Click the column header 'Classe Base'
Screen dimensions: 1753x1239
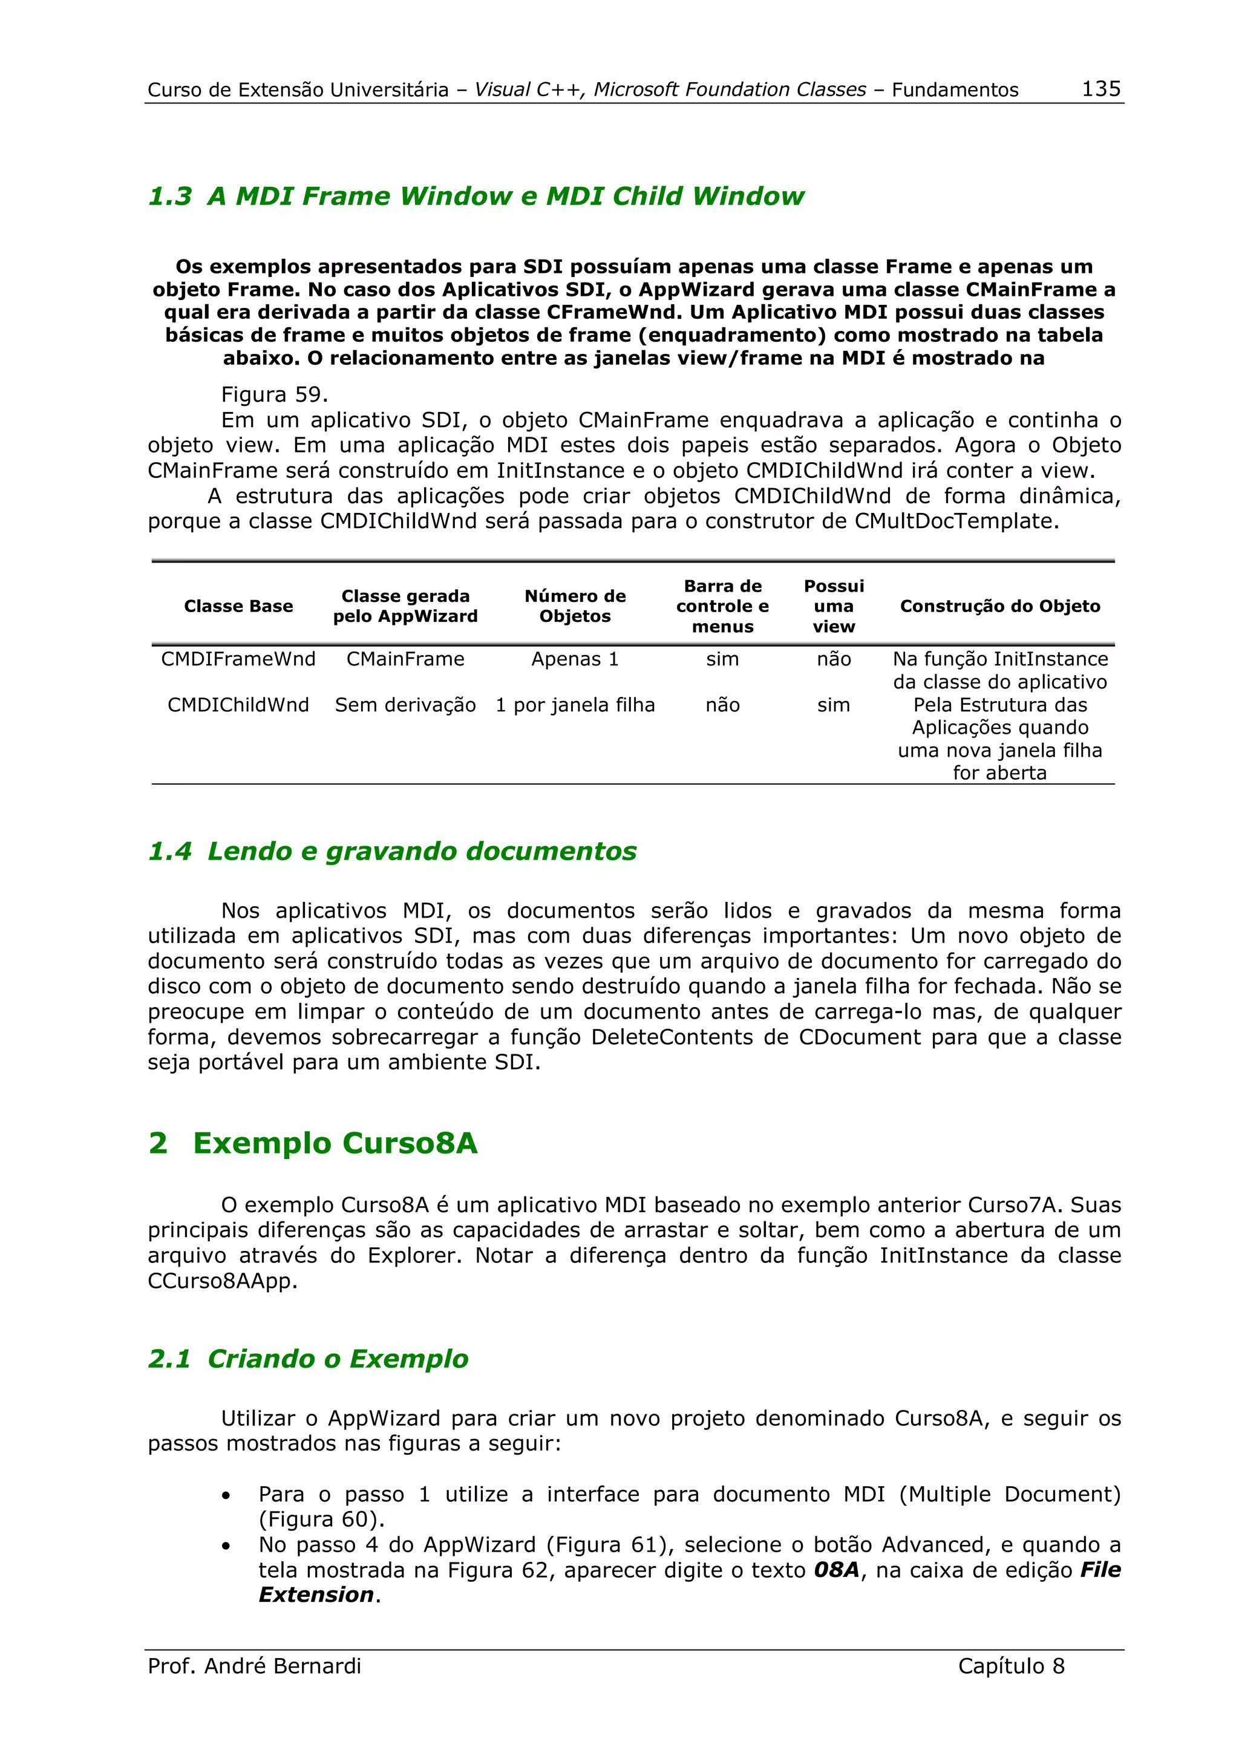(238, 606)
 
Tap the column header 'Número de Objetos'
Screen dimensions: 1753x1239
(575, 606)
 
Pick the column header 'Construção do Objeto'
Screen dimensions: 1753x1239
(999, 606)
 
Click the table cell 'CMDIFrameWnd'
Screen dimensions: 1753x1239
(238, 659)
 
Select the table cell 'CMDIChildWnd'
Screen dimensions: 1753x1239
(238, 705)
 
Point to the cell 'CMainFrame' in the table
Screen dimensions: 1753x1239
(405, 659)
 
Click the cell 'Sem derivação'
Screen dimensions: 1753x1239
(405, 705)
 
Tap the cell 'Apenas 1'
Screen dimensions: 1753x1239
(575, 659)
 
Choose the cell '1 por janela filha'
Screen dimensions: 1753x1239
(575, 705)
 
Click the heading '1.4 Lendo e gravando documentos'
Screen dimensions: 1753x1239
(391, 851)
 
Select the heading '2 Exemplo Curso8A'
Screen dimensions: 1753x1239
(313, 1143)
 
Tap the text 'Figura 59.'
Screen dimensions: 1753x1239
(274, 395)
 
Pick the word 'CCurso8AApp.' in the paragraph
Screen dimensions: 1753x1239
(222, 1281)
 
